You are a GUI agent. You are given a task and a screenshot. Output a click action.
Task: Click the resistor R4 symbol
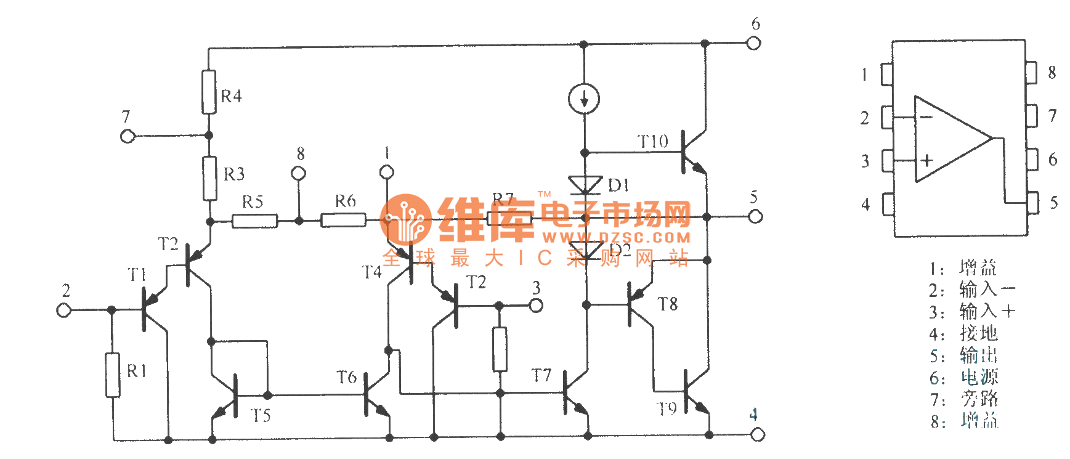(x=209, y=92)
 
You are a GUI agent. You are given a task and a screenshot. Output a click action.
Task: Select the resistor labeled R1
(x=112, y=375)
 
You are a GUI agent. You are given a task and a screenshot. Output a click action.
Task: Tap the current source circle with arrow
(x=583, y=99)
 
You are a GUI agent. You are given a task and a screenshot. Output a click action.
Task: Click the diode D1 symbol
(x=585, y=185)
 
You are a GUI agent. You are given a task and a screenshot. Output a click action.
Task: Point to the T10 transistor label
(x=652, y=142)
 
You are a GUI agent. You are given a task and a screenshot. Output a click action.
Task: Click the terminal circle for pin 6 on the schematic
(x=753, y=43)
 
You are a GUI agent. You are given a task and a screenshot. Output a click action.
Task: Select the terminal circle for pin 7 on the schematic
(x=128, y=136)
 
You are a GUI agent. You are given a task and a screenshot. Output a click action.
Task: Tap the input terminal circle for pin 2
(x=64, y=310)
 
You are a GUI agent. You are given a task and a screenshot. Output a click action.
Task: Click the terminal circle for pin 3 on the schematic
(x=536, y=305)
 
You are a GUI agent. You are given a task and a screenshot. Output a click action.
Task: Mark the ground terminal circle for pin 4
(x=758, y=434)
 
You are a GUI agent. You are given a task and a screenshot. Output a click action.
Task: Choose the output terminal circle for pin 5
(x=755, y=216)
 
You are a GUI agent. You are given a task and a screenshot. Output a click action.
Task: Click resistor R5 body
(x=254, y=221)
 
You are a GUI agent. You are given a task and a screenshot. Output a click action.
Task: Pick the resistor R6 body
(x=343, y=220)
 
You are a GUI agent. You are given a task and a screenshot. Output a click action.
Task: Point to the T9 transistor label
(x=666, y=409)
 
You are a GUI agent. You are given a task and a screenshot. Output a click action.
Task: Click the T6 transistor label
(x=346, y=377)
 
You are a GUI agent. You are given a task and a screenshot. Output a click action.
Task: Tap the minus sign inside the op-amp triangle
(x=926, y=117)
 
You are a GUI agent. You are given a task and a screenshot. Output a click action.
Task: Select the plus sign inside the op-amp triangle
(x=926, y=161)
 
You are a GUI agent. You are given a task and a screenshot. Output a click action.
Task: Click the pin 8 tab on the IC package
(x=1031, y=73)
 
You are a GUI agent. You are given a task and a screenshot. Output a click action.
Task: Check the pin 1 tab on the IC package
(x=887, y=75)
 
